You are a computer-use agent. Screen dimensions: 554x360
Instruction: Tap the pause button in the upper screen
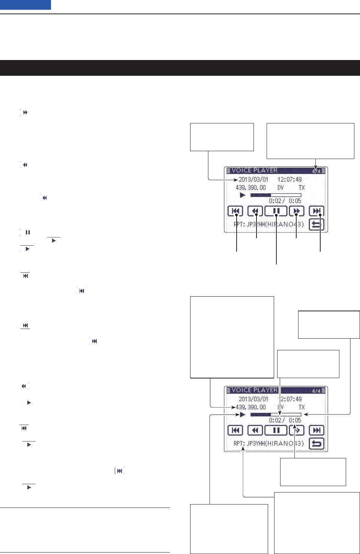click(276, 211)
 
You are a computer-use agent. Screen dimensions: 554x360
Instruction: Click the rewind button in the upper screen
click(255, 211)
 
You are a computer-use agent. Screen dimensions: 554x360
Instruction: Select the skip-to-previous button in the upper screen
click(235, 211)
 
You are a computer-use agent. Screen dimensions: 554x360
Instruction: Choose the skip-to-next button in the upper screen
click(316, 211)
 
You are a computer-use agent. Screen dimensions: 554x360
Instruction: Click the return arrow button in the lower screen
click(316, 444)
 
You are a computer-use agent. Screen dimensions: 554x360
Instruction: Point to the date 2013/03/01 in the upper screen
click(253, 179)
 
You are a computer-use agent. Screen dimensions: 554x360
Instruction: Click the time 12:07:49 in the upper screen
click(289, 179)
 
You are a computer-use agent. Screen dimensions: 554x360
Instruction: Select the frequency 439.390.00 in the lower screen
click(250, 407)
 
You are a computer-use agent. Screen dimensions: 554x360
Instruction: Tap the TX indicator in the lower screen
click(301, 407)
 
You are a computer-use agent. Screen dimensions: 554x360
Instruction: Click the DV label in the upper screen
click(280, 188)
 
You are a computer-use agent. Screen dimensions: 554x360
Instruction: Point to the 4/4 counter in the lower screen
click(316, 391)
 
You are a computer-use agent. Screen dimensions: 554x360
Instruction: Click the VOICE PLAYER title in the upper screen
click(255, 170)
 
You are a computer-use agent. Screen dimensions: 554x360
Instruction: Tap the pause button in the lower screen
click(276, 431)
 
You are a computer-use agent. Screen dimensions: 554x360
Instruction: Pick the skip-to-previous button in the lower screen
click(235, 431)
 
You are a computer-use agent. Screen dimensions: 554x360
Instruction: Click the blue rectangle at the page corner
click(25, 5)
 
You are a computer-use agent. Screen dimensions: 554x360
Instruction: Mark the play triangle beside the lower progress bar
click(243, 414)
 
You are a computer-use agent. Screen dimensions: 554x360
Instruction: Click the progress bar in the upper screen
click(276, 195)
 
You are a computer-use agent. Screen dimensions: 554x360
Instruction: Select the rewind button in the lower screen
click(255, 431)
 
